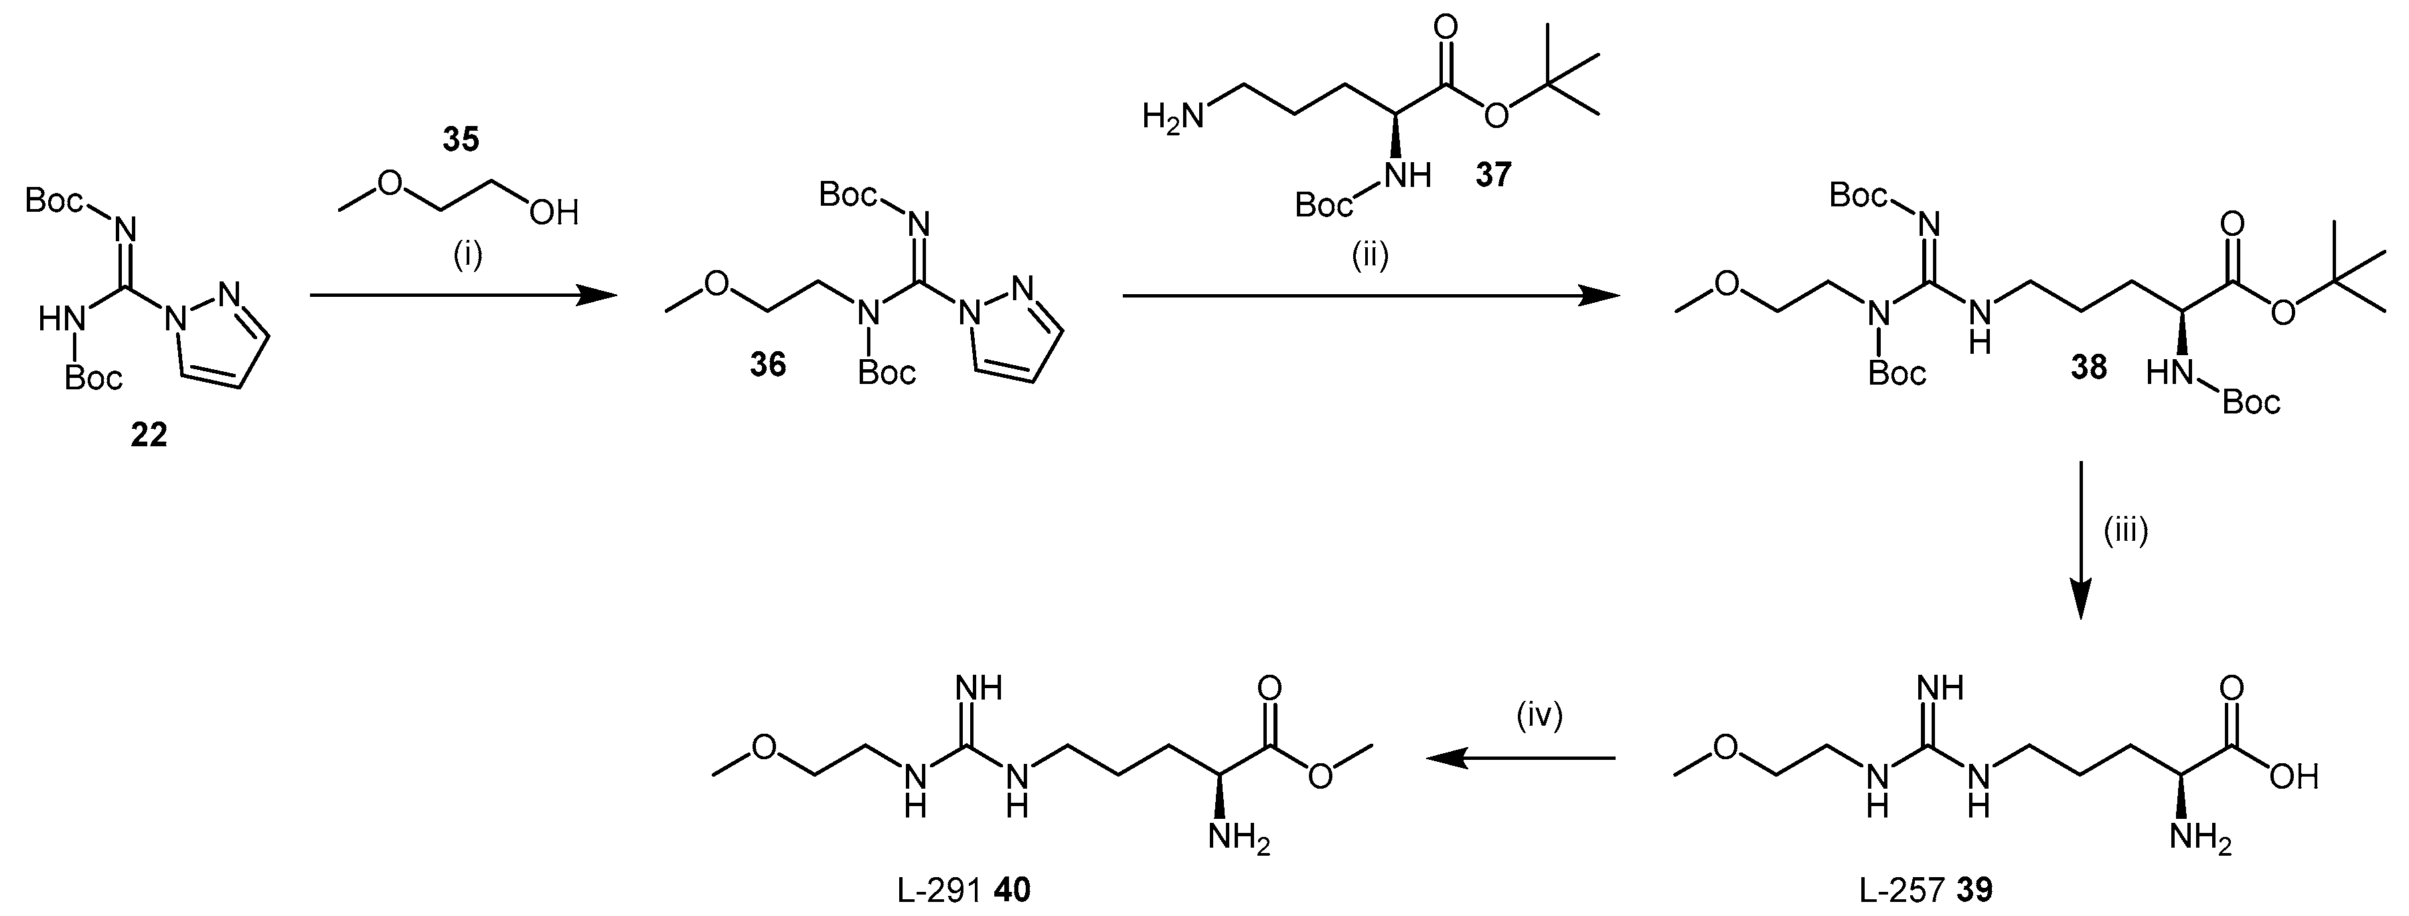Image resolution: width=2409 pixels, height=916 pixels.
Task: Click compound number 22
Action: [149, 435]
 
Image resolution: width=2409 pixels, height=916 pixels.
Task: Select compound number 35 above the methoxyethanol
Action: [460, 140]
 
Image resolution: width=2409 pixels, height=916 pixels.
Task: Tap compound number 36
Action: [768, 364]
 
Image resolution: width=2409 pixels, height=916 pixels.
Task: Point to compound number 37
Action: [1494, 174]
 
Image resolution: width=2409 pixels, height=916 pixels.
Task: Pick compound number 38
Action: [2088, 367]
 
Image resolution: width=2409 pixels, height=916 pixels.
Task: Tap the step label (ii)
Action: [1369, 255]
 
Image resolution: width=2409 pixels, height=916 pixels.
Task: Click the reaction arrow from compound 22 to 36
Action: [463, 296]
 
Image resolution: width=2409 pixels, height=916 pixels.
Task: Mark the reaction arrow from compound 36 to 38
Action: [1370, 296]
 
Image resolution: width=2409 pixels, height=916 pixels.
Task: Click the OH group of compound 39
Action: [2294, 777]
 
